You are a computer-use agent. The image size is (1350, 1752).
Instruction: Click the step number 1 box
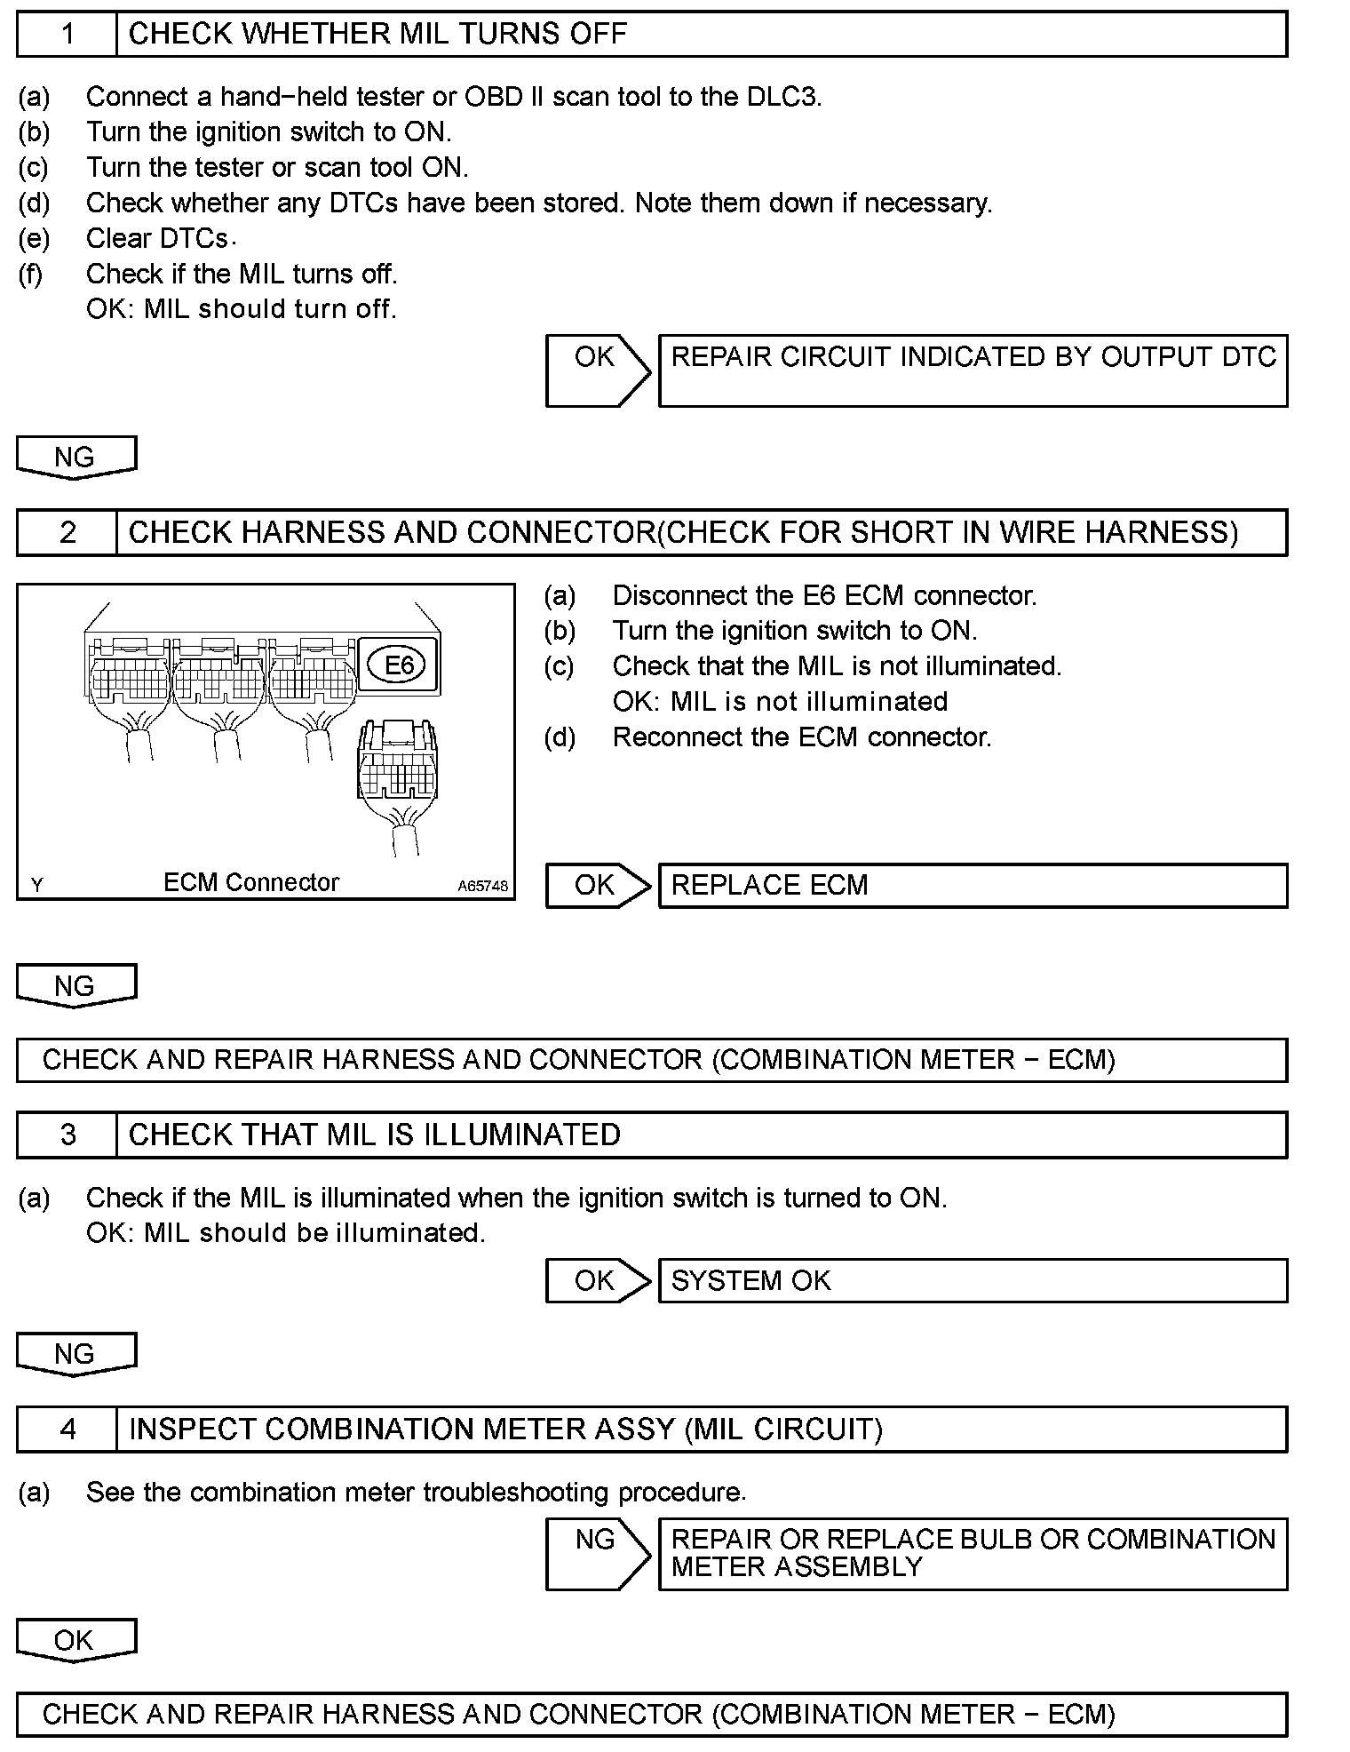tap(67, 35)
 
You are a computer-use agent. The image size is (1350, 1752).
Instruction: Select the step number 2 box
tap(67, 533)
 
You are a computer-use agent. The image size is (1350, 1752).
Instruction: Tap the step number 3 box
tap(67, 1135)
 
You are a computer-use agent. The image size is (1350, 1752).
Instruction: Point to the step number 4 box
tap(67, 1429)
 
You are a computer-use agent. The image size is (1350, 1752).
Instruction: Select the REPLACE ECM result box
tap(973, 886)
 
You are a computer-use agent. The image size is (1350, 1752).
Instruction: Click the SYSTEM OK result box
tap(973, 1281)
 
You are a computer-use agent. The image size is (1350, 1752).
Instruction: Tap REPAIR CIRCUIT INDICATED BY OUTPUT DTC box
tap(973, 370)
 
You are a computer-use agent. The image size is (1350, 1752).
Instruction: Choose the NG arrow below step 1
tap(76, 458)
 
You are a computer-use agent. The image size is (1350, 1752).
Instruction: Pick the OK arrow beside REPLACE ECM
tap(598, 886)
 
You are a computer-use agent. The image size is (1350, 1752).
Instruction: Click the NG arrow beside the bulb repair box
tap(598, 1554)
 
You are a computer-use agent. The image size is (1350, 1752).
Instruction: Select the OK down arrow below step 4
tap(76, 1641)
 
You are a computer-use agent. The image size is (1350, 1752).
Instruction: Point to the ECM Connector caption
tap(251, 882)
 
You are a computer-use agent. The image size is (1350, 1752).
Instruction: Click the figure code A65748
tap(483, 886)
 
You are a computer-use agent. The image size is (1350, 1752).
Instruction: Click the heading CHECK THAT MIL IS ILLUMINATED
tap(374, 1135)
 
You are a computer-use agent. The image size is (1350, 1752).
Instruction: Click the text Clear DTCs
tap(157, 239)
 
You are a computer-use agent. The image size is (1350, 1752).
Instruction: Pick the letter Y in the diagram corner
tap(37, 885)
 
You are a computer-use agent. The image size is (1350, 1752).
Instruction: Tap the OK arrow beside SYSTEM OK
tap(598, 1281)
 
